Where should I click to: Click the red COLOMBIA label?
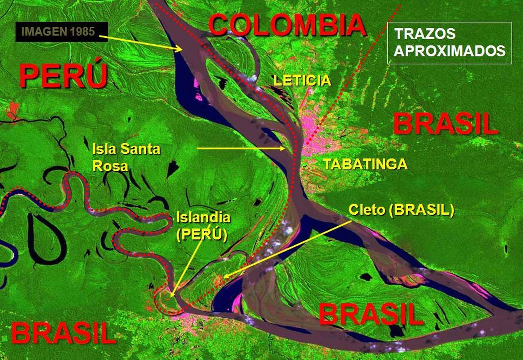point(287,25)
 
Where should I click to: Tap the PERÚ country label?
point(63,76)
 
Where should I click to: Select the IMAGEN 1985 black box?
point(61,32)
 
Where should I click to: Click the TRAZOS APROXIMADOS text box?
point(449,43)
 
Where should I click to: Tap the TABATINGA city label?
point(365,164)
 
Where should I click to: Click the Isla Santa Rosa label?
point(126,157)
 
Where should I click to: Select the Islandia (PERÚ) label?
point(203,226)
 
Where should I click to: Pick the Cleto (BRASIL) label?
point(401,210)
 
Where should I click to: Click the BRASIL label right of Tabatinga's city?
point(446,124)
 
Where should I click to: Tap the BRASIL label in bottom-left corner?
point(64,333)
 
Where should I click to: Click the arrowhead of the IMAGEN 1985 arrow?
point(181,50)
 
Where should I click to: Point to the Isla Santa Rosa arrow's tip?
point(284,148)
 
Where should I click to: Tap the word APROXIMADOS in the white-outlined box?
point(449,51)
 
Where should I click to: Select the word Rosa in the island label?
point(110,166)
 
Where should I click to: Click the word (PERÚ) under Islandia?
point(202,234)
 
